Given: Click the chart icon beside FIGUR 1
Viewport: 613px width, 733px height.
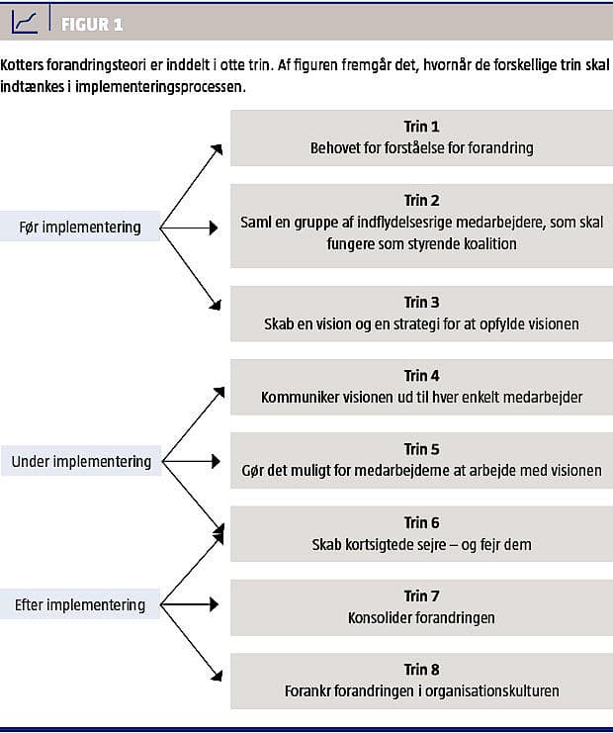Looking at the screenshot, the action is click(25, 22).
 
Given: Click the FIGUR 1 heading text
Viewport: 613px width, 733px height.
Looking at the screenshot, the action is click(92, 25).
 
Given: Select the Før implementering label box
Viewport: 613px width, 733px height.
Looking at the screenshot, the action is click(80, 227).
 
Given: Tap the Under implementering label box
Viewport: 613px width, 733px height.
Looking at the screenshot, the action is click(81, 461).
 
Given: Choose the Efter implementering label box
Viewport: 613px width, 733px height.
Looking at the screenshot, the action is click(80, 604).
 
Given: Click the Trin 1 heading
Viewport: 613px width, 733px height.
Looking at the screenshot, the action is click(421, 127).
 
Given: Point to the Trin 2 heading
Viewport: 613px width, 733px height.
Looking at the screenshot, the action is click(421, 200).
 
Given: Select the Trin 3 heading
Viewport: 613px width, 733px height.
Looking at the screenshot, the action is click(421, 302).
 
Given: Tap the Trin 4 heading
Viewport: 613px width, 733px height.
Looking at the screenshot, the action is click(421, 375).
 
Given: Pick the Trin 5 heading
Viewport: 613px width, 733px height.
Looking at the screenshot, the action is click(421, 449).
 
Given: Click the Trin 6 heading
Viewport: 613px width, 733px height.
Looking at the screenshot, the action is click(421, 522).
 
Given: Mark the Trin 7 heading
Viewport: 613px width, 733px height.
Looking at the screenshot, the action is click(421, 596).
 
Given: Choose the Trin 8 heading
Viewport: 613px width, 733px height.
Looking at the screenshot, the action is click(421, 670).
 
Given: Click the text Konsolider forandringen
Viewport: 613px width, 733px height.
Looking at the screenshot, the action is click(421, 618).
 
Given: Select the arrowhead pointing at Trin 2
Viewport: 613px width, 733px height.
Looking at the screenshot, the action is click(214, 228).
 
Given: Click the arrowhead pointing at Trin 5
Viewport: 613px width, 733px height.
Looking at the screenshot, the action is click(216, 461).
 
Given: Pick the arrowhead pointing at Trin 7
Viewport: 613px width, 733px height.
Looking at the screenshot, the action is click(214, 604).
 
